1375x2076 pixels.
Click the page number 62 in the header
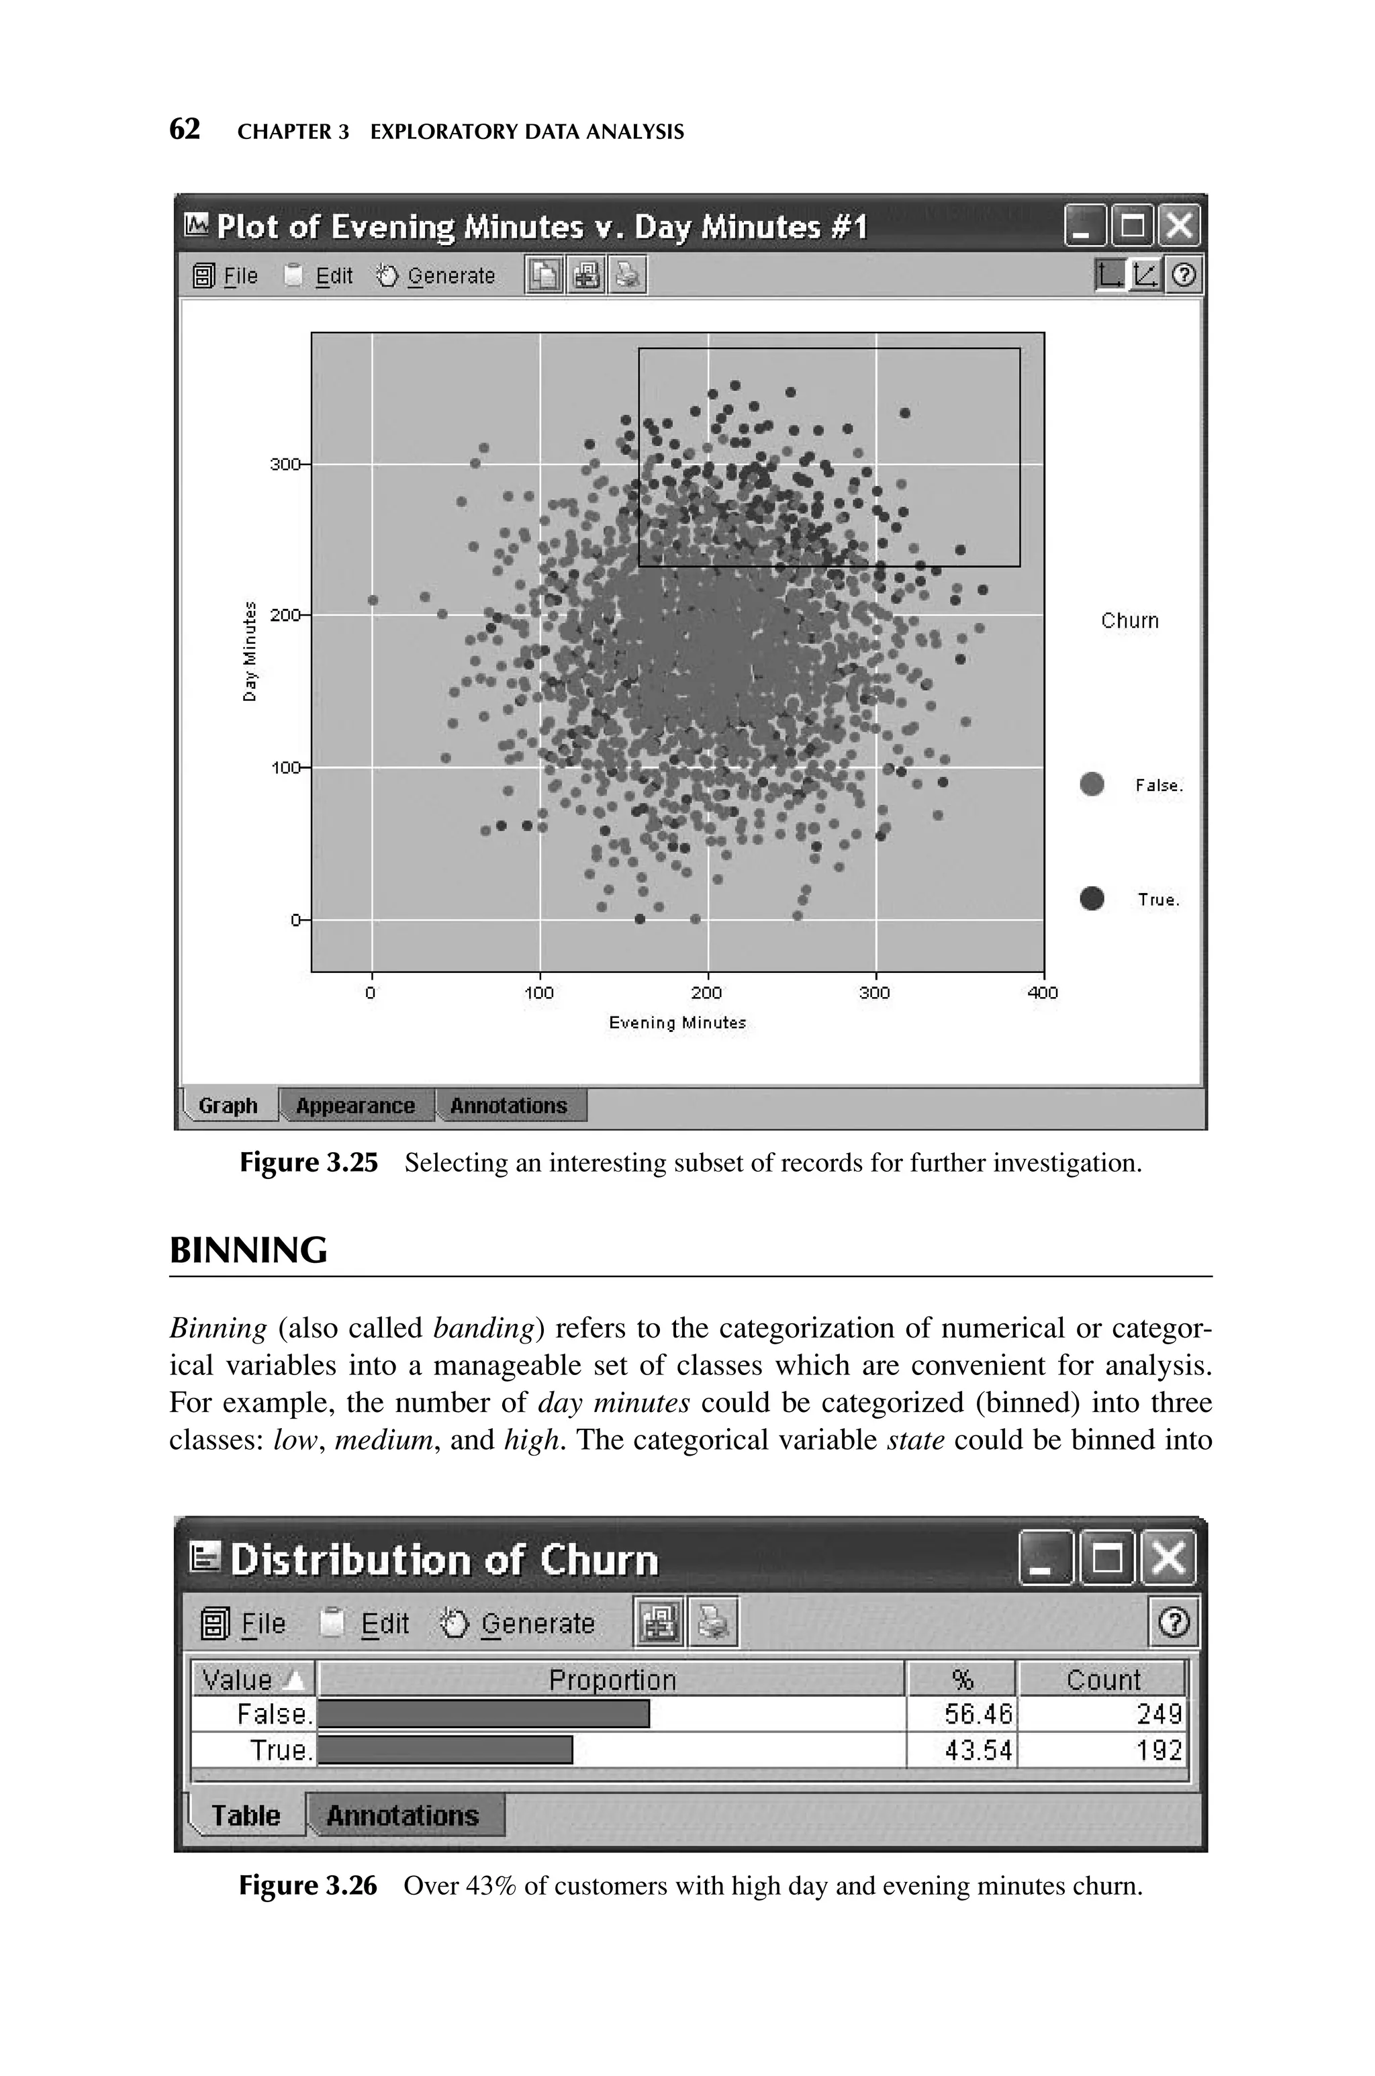(184, 130)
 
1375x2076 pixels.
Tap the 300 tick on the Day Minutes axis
(284, 464)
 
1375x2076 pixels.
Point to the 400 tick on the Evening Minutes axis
(1043, 992)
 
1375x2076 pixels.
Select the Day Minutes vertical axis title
(250, 651)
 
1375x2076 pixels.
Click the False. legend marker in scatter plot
(1092, 784)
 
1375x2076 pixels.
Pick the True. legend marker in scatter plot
(1092, 898)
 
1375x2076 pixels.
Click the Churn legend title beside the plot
(1129, 620)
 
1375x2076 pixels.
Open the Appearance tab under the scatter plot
(355, 1106)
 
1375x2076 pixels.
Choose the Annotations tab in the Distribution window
(403, 1815)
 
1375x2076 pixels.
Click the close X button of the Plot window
(1180, 227)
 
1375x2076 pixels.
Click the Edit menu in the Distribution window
(384, 1623)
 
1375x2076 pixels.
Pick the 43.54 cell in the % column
(977, 1751)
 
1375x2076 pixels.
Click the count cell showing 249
(1158, 1714)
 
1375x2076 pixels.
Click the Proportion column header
(612, 1680)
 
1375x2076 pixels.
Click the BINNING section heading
(248, 1250)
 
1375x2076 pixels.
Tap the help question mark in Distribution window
(1174, 1623)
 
